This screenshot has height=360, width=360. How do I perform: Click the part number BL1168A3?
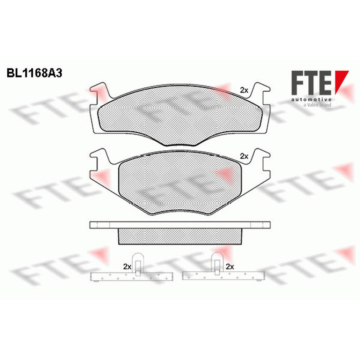[35, 73]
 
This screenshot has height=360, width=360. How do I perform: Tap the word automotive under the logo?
[311, 99]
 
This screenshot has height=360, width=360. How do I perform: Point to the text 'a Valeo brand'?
[317, 105]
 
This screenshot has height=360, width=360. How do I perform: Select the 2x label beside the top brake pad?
[244, 90]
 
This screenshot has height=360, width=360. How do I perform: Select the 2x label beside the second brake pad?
[244, 156]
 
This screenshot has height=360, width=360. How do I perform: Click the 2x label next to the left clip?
[127, 266]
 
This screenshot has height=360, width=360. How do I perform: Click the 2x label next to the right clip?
[230, 266]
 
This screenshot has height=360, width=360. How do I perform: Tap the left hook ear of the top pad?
[99, 92]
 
